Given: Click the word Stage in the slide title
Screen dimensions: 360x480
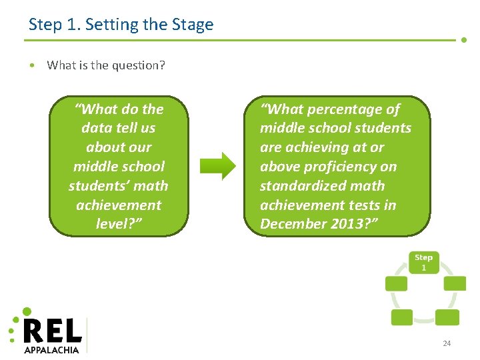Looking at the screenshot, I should tap(192, 25).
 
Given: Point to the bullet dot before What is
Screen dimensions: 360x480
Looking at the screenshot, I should tap(32, 65).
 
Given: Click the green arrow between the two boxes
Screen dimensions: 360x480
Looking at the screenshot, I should tap(218, 166).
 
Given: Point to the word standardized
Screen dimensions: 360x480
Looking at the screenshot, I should tap(304, 185).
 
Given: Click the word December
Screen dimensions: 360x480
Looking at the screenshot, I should tap(292, 224).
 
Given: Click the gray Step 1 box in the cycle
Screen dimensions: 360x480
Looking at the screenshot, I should tap(423, 262).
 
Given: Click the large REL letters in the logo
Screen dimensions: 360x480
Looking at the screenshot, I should tap(52, 331).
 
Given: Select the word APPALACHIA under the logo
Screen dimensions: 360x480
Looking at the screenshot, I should tap(51, 350).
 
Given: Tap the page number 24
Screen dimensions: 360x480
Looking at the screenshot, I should tap(447, 343).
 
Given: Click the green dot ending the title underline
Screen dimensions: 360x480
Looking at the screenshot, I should tap(464, 39).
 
